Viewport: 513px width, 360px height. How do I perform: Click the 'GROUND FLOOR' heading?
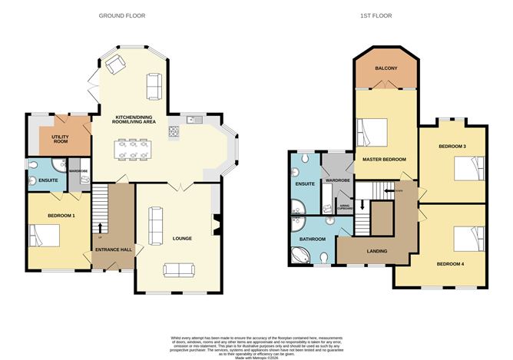123,15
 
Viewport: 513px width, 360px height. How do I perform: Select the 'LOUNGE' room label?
183,238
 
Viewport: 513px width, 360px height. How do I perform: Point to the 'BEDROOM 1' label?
61,216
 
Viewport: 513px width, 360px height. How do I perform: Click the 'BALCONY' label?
386,69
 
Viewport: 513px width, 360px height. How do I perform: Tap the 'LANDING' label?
376,251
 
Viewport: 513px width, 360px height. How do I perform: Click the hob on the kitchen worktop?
174,130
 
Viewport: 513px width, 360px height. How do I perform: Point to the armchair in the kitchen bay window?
116,65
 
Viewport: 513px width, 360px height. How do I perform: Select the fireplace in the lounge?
217,225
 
